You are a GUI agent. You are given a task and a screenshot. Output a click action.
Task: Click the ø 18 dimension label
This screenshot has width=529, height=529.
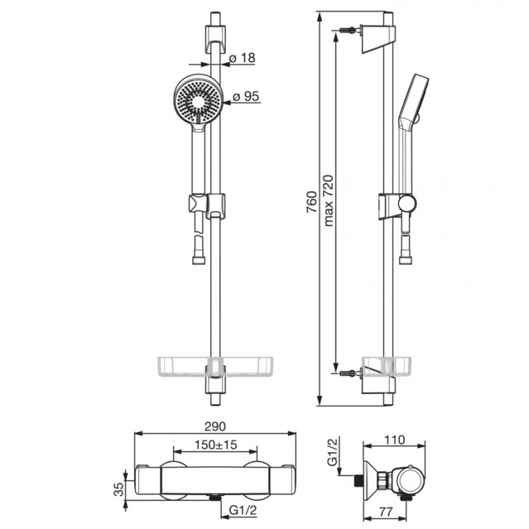(242, 58)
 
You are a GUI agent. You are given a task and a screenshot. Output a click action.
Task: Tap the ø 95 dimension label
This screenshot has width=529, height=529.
(246, 96)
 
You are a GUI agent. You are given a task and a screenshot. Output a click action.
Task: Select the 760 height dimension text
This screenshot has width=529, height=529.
(312, 202)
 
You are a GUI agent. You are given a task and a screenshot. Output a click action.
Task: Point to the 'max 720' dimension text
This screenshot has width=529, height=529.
(328, 200)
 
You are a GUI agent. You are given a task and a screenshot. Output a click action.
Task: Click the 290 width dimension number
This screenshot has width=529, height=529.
(215, 427)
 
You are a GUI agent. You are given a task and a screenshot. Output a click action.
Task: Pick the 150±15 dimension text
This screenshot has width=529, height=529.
(216, 444)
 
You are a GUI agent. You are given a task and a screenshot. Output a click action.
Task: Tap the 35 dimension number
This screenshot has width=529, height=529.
(118, 490)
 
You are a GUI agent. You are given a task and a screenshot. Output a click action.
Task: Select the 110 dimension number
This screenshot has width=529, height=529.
(394, 439)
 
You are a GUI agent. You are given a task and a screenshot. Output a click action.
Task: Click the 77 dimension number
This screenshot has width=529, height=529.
(385, 511)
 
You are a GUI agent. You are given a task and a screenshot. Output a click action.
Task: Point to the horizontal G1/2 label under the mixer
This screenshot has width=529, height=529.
(243, 510)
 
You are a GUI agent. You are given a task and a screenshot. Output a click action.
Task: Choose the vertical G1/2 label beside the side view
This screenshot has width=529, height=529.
(332, 451)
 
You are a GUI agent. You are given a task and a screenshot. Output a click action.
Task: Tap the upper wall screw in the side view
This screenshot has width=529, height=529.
(347, 30)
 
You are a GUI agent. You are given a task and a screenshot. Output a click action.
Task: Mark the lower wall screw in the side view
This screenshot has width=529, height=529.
(347, 373)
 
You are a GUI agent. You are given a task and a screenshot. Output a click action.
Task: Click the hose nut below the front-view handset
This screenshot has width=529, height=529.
(198, 260)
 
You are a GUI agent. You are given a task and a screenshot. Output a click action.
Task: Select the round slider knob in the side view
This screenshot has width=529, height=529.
(407, 204)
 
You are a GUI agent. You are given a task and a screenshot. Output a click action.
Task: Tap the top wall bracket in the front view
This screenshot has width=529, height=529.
(215, 38)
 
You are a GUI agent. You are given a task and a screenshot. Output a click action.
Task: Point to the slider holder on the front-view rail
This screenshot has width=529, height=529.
(207, 205)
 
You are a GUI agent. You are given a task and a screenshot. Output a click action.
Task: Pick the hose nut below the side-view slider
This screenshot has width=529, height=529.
(405, 260)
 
